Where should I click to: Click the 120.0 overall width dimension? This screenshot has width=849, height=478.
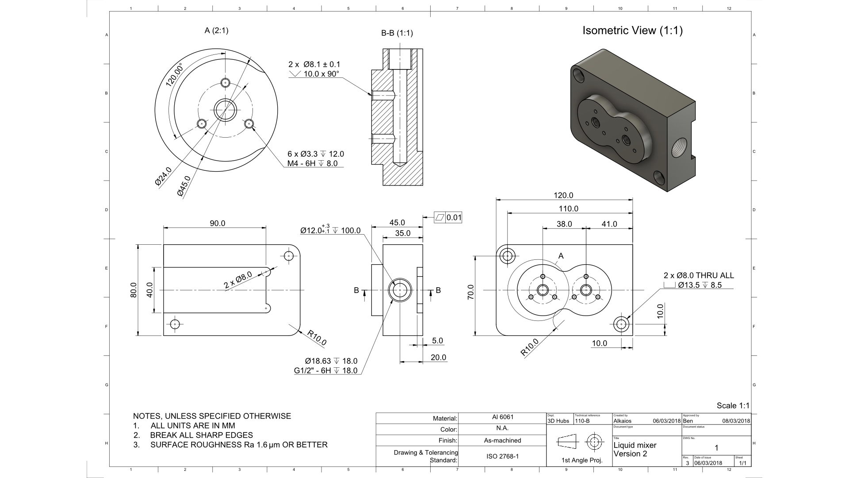pos(563,195)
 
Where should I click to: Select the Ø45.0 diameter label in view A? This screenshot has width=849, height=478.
pos(184,186)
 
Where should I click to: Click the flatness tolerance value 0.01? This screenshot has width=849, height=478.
pos(454,217)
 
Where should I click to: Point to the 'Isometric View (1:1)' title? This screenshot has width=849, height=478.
pos(632,31)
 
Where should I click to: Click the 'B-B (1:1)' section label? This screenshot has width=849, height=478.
pos(397,33)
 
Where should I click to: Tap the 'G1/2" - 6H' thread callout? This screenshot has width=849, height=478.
pos(313,370)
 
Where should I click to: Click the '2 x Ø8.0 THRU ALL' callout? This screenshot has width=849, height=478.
pos(699,275)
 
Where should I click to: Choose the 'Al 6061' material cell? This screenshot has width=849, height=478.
pos(502,417)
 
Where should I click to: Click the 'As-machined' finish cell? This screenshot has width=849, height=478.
pos(502,440)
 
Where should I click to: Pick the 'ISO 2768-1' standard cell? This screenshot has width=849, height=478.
pos(502,456)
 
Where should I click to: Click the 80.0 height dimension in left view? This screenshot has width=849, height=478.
pos(134,290)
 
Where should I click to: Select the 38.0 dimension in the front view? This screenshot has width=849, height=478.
pos(564,224)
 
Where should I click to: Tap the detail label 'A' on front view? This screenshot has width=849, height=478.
pos(561,256)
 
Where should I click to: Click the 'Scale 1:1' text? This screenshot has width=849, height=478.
pos(733,405)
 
